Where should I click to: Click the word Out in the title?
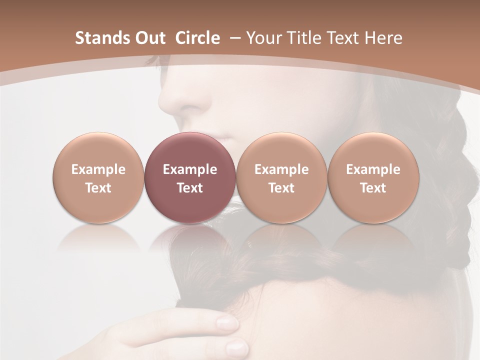[149, 38]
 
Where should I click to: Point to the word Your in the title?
[263, 38]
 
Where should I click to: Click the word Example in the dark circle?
[189, 169]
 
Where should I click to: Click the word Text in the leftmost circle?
[98, 188]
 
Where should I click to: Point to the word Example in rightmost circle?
[373, 169]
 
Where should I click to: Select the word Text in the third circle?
[281, 188]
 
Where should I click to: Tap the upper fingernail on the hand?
[227, 323]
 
